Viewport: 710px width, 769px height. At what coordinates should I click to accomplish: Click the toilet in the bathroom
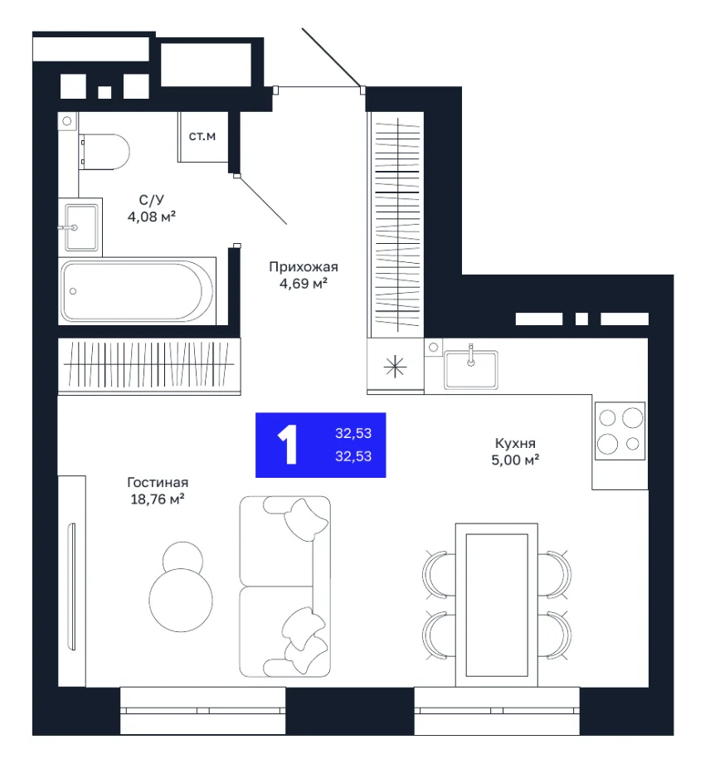tap(105, 152)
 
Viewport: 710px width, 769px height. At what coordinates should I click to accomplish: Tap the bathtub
tap(138, 291)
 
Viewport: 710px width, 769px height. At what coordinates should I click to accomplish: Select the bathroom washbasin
tap(81, 227)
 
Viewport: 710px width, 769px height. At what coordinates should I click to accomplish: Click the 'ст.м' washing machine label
tap(202, 136)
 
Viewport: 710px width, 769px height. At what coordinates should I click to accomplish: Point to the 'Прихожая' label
tap(304, 267)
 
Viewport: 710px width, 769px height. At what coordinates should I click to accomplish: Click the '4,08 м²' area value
tap(152, 217)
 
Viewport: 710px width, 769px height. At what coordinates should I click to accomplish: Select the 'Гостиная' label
tap(158, 483)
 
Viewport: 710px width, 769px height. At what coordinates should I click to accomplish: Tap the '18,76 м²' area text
tap(158, 499)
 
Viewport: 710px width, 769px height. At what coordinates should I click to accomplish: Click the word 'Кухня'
tap(515, 443)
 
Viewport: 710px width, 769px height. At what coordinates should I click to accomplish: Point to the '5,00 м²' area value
tap(515, 460)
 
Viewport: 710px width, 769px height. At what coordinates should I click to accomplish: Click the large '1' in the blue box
tap(288, 445)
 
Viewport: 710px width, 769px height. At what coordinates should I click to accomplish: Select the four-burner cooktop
tap(620, 431)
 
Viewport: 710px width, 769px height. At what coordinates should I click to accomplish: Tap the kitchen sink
tap(471, 369)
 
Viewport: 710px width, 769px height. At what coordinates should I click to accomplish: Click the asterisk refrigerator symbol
tap(395, 367)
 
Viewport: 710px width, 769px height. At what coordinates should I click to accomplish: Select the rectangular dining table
tap(497, 606)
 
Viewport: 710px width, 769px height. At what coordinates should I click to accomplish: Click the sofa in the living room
tap(284, 586)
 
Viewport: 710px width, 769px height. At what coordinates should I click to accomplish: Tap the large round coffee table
tap(181, 601)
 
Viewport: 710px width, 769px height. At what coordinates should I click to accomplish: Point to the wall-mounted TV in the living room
tap(72, 586)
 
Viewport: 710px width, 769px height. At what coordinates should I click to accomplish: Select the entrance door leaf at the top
tap(332, 58)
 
